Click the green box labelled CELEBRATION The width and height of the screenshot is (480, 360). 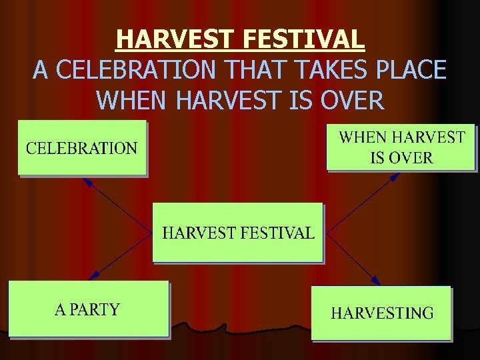[x=81, y=147]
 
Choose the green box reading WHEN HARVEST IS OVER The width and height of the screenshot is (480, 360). [x=400, y=147]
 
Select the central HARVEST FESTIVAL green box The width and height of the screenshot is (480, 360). [x=238, y=233]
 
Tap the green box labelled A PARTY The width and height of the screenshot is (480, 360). [x=88, y=309]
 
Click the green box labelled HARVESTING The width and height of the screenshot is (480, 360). [x=381, y=313]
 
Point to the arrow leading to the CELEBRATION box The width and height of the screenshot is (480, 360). [x=117, y=206]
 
